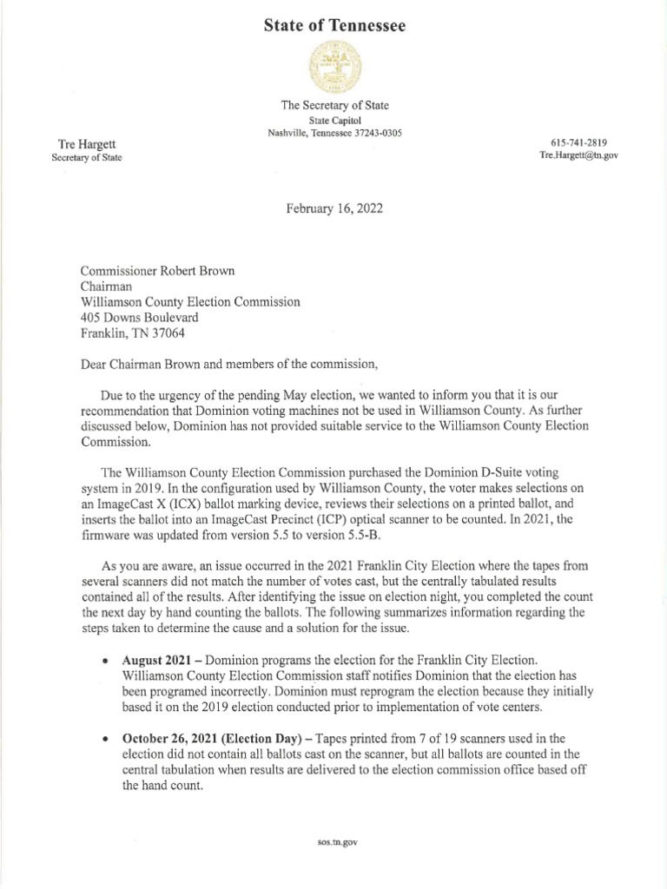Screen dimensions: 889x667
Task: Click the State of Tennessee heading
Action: [334, 27]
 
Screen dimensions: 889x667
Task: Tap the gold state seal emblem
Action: [334, 69]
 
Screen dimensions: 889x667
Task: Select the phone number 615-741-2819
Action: [578, 142]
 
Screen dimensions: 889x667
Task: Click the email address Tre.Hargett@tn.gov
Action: [578, 155]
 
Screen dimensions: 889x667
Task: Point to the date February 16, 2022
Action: [334, 208]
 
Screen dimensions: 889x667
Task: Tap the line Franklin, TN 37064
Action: [132, 333]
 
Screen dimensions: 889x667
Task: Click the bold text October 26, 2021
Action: [174, 738]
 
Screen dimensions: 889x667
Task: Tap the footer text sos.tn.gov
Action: [333, 842]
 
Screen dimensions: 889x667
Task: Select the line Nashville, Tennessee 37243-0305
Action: [334, 133]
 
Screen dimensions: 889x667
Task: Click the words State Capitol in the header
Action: [334, 119]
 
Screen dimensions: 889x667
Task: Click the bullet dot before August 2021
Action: [105, 661]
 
